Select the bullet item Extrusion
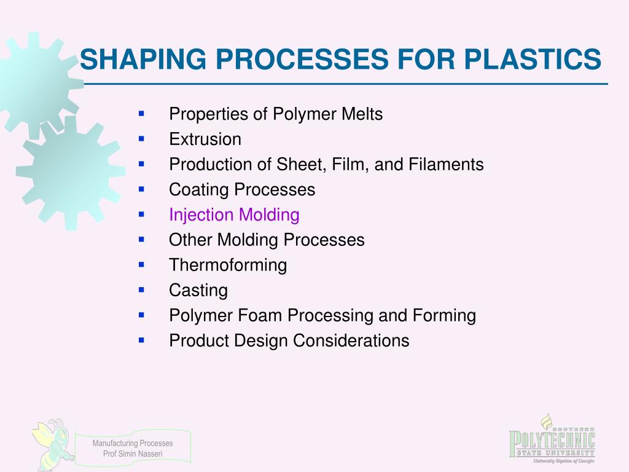pyautogui.click(x=205, y=140)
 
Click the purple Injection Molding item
pyautogui.click(x=234, y=215)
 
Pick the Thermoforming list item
pyautogui.click(x=228, y=265)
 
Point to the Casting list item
pyautogui.click(x=198, y=290)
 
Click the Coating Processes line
pyautogui.click(x=242, y=190)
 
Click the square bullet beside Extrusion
pyautogui.click(x=141, y=139)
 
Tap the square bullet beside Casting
pyautogui.click(x=141, y=289)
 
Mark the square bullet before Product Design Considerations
pyautogui.click(x=141, y=339)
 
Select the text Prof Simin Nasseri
pyautogui.click(x=133, y=454)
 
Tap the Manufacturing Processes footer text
pyautogui.click(x=133, y=443)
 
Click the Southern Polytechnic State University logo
pyautogui.click(x=552, y=439)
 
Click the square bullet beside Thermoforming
pyautogui.click(x=141, y=264)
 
